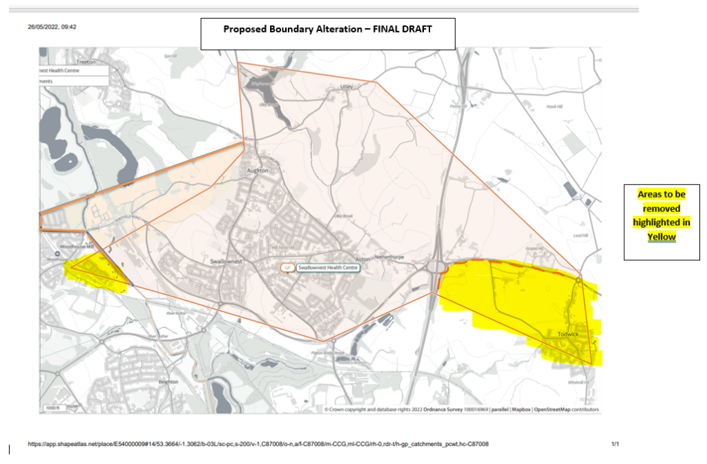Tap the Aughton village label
[x=257, y=169]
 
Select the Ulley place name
[x=347, y=87]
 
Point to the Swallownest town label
[x=224, y=262]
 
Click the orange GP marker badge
[x=287, y=267]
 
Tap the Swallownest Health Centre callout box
[x=329, y=267]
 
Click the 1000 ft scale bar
[x=54, y=408]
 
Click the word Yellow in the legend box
[x=661, y=237]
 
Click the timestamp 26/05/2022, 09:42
[x=52, y=27]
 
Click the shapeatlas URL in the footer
[x=258, y=444]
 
